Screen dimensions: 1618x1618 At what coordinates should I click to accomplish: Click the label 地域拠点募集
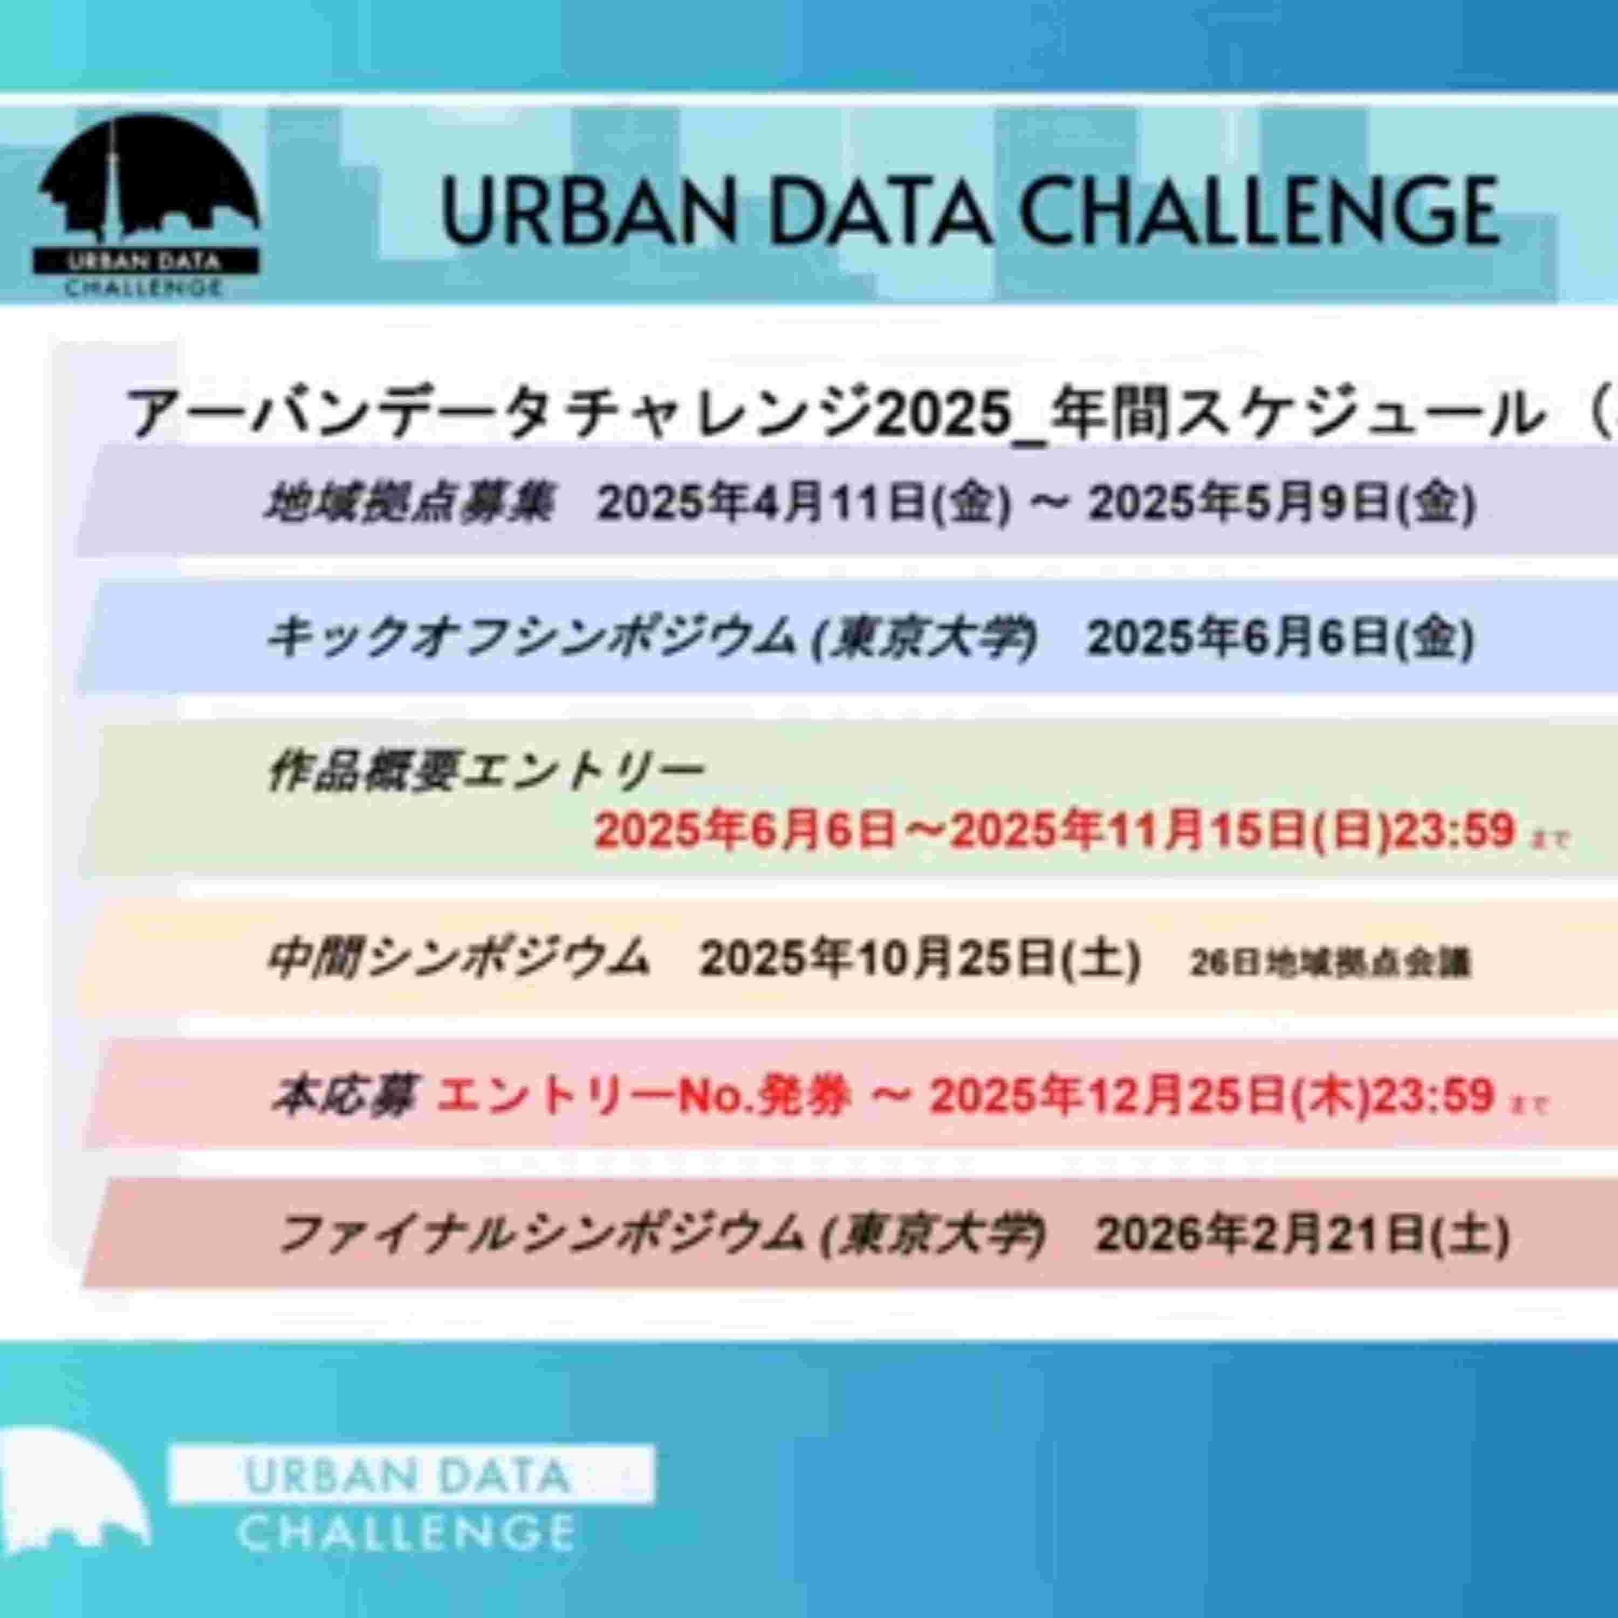click(409, 503)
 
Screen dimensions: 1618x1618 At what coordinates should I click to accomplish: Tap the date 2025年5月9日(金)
click(1281, 503)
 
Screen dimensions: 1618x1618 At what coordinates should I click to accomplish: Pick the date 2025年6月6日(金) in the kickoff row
click(1280, 638)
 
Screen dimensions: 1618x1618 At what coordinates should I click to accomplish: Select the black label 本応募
click(342, 1095)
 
